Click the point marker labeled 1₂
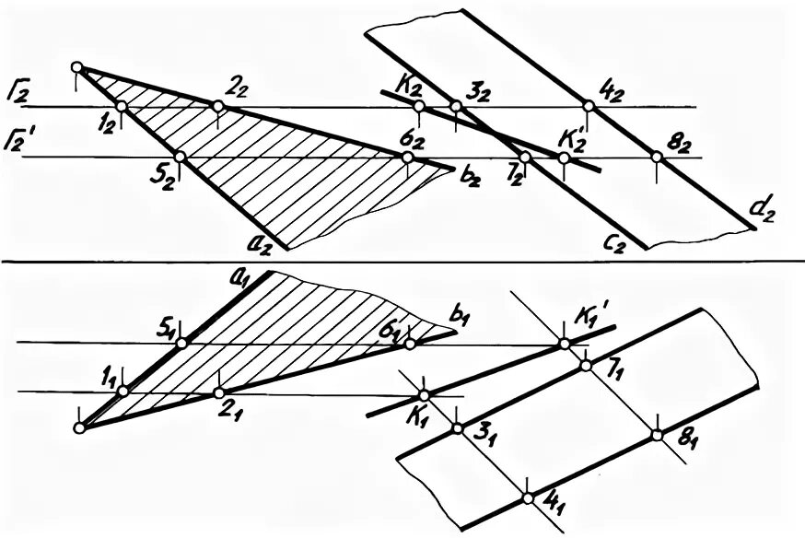122,107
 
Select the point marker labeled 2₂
218,107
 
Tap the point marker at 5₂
181,157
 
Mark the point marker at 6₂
408,158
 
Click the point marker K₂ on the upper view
420,107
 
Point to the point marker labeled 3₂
455,107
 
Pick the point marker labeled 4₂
589,107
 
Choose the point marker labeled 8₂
657,158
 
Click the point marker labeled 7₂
524,158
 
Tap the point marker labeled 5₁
181,343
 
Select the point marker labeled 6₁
409,343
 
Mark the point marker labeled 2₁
218,392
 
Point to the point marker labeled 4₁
527,498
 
